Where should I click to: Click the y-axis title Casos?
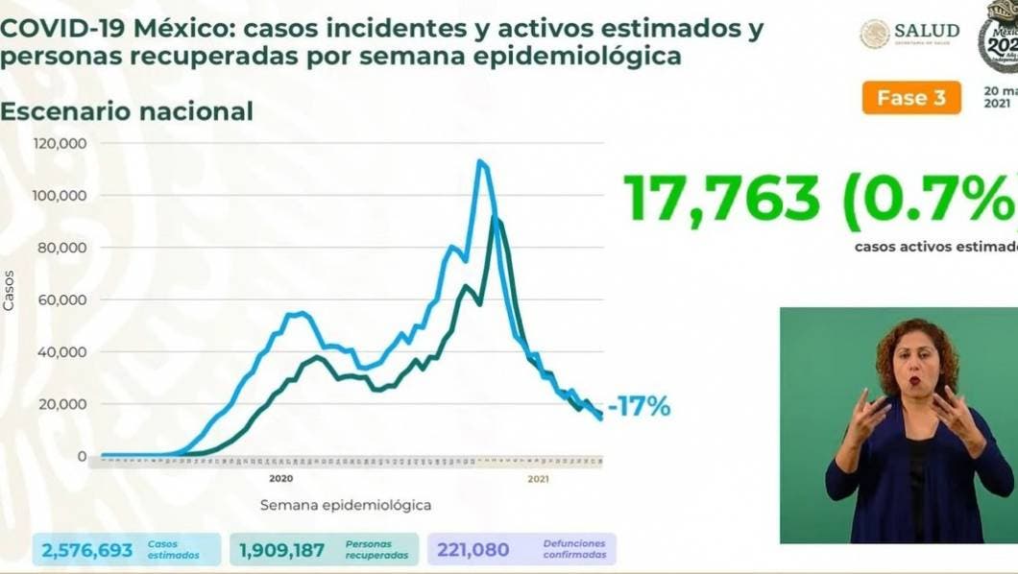(10, 290)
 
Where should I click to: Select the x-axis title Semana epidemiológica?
(345, 504)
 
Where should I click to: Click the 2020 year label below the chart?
(280, 478)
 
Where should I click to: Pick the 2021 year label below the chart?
(538, 478)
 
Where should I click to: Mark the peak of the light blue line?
(479, 161)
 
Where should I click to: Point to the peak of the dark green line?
(495, 219)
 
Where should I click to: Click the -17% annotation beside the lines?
(639, 407)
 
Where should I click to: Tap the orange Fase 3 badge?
(910, 98)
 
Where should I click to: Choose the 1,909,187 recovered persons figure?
(282, 549)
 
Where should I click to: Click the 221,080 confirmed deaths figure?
(473, 549)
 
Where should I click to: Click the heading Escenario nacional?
(127, 111)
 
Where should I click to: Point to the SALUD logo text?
(926, 31)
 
